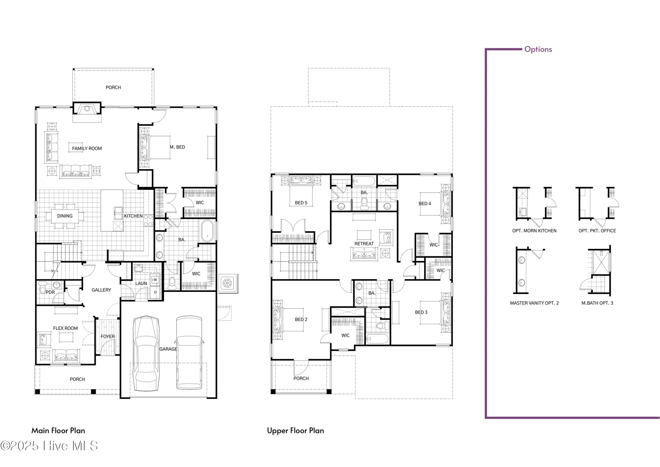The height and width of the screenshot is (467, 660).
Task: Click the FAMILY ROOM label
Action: click(87, 149)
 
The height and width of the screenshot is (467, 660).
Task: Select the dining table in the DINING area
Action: click(65, 216)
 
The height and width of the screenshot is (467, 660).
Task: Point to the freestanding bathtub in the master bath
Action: click(207, 231)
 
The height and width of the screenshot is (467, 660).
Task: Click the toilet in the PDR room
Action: click(43, 288)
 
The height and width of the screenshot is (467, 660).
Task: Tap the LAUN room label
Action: click(141, 283)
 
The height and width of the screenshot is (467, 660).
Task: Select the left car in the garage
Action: click(146, 353)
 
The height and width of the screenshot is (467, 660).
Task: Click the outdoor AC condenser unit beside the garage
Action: click(227, 283)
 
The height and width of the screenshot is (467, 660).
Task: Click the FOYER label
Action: click(108, 337)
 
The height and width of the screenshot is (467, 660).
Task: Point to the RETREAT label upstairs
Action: click(364, 244)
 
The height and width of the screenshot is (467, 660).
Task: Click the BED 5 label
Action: click(301, 203)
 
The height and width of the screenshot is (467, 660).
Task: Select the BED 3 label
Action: click(421, 312)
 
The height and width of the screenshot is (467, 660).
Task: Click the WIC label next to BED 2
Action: click(345, 335)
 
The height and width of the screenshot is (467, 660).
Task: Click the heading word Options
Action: click(538, 49)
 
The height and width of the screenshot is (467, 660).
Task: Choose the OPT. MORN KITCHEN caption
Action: click(534, 231)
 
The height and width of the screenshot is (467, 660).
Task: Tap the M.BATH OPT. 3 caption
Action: click(597, 303)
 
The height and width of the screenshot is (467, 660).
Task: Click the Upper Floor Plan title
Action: click(295, 431)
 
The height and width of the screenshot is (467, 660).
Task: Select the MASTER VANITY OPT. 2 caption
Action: click(534, 303)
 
